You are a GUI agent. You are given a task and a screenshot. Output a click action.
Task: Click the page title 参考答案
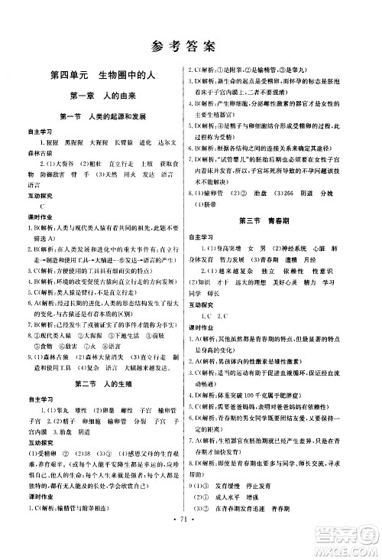(191, 44)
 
